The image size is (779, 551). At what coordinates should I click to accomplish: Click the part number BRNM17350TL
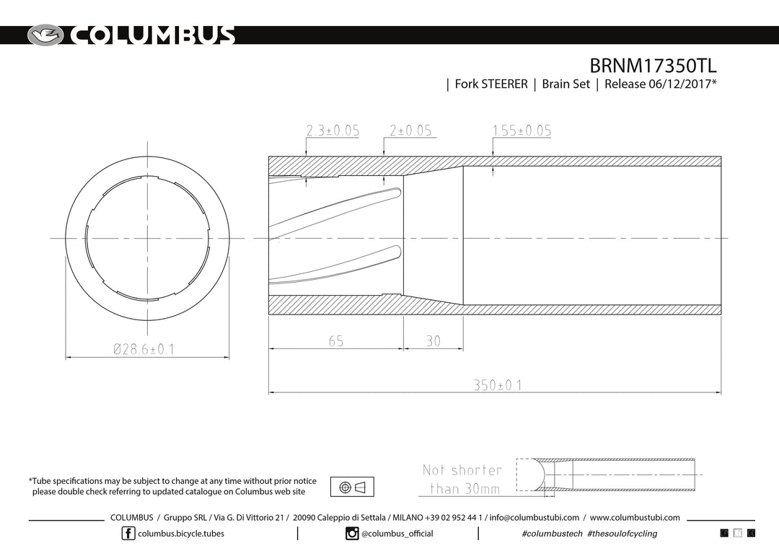[653, 66]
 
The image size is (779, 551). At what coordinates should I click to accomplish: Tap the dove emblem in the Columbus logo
[45, 35]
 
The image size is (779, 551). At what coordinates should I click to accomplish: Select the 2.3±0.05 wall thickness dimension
[333, 130]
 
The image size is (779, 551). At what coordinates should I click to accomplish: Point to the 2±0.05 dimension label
[410, 130]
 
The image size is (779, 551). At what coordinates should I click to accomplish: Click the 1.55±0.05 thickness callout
[521, 130]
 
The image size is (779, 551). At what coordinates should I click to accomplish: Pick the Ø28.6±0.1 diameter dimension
[144, 349]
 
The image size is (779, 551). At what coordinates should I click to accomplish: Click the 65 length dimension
[336, 341]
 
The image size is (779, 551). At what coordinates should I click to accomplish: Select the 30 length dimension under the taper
[433, 341]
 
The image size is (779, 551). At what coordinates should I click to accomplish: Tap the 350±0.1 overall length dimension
[497, 385]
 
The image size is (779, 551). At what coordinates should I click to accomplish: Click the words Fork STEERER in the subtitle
[491, 84]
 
